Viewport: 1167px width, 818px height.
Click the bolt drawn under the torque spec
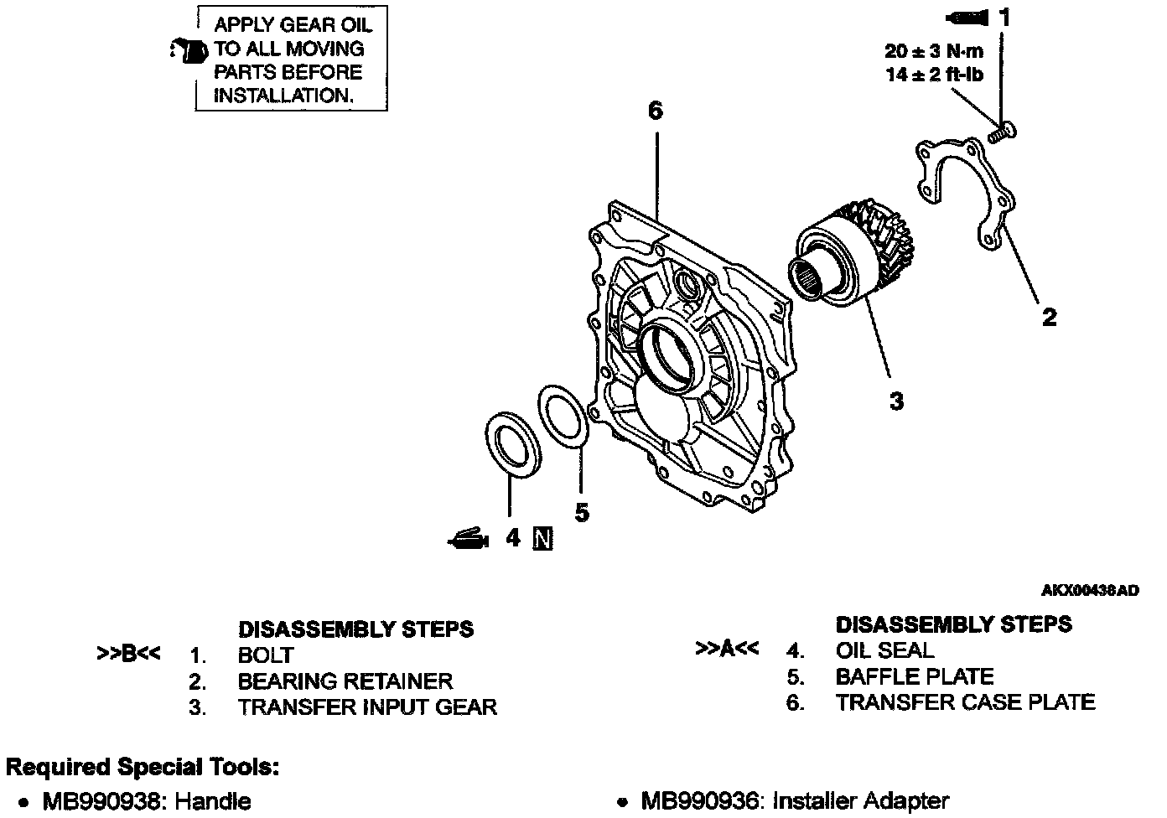click(x=1001, y=132)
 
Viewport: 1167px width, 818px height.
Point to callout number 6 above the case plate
click(x=656, y=111)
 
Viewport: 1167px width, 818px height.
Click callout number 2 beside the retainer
click(x=1049, y=317)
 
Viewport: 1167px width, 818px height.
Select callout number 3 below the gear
click(x=896, y=401)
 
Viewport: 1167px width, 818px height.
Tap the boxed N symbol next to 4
click(x=542, y=538)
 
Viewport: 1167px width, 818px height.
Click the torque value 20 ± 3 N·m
click(x=934, y=51)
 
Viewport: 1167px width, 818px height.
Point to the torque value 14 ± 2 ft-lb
click(x=934, y=75)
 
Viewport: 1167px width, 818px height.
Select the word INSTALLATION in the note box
click(x=281, y=96)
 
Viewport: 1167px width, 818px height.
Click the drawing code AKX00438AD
click(x=1090, y=591)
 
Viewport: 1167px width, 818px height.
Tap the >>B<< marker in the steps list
click(x=128, y=654)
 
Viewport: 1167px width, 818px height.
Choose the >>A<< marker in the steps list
click(x=727, y=650)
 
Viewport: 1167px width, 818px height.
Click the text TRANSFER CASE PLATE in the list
click(x=965, y=702)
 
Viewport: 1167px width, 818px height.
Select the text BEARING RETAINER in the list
click(x=345, y=681)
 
